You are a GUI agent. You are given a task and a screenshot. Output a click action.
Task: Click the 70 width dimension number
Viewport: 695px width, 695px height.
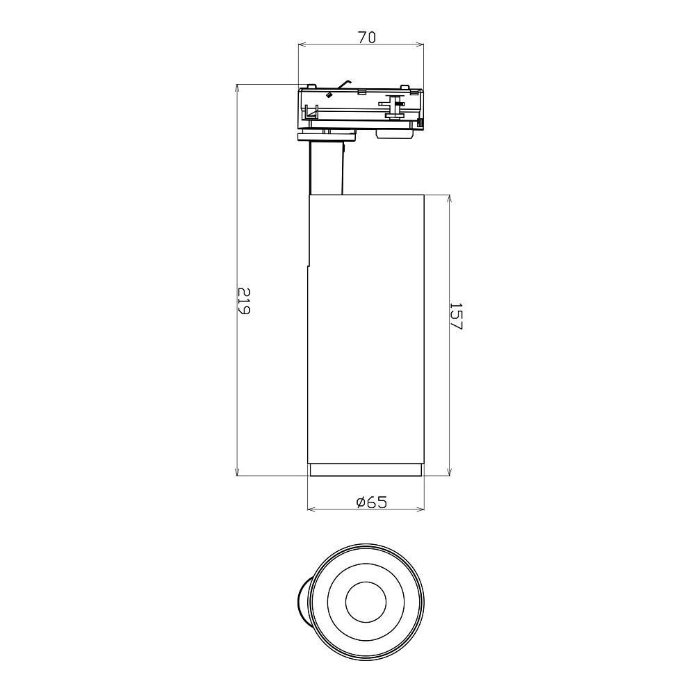[367, 38]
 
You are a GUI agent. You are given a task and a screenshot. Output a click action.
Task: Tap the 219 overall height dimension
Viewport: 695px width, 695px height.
[244, 301]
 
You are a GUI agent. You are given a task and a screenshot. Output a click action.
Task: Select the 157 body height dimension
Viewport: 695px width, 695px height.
[456, 316]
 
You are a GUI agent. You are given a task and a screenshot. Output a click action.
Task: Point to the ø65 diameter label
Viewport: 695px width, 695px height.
[371, 502]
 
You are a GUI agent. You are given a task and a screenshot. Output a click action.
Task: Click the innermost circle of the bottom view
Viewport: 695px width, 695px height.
[366, 601]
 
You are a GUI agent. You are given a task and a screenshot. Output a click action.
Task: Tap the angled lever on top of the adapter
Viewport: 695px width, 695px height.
[344, 84]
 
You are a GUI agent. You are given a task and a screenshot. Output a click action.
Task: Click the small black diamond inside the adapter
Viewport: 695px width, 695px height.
[329, 95]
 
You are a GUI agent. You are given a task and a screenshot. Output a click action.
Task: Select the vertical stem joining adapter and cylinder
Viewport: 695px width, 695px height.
[327, 167]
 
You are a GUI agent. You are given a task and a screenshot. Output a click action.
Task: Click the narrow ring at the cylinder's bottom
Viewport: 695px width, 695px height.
[366, 471]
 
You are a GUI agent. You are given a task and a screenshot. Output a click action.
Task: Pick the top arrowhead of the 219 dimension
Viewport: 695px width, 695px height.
[238, 88]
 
